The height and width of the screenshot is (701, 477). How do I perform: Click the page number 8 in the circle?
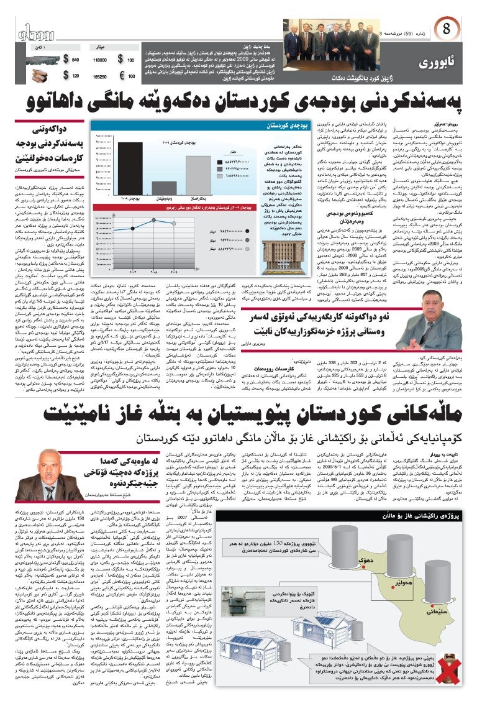click(x=447, y=29)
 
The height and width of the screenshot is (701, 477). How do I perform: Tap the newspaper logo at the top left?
click(x=40, y=31)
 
